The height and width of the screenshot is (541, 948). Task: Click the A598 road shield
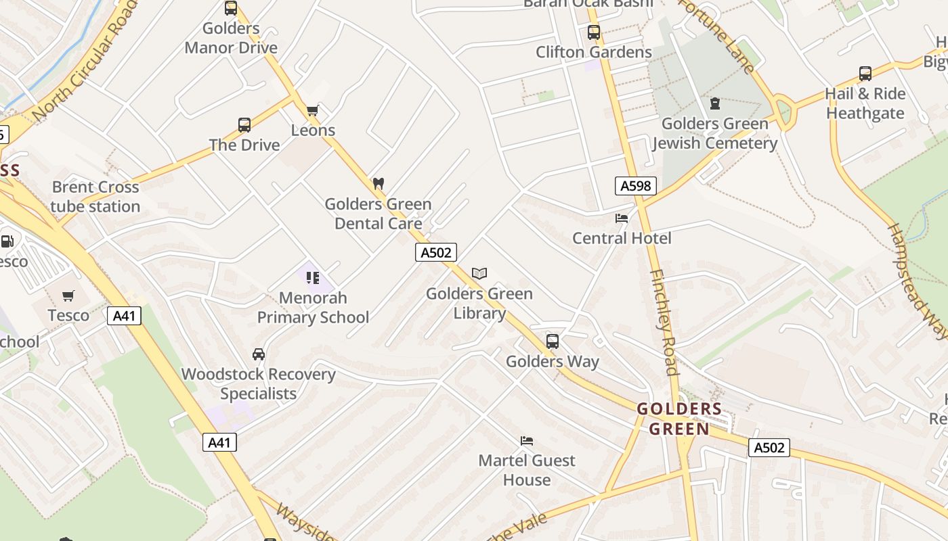[636, 186]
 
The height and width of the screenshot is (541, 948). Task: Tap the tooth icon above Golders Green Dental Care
[379, 183]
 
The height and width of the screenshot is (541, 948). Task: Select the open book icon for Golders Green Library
[479, 273]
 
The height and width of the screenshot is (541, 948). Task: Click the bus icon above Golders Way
[553, 342]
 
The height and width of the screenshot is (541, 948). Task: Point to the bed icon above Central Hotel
[622, 218]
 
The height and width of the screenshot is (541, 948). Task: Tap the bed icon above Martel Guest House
[527, 441]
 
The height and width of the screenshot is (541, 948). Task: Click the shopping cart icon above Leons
[312, 110]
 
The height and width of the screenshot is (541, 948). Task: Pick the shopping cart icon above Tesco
[68, 296]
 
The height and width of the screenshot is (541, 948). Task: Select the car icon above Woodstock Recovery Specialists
[259, 354]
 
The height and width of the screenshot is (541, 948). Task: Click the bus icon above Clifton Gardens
[594, 32]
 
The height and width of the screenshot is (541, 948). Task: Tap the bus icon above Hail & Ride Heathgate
[865, 74]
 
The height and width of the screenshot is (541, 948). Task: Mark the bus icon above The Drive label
[244, 125]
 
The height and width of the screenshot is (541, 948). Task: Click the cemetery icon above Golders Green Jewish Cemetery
[714, 103]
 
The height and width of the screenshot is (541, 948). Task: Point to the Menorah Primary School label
[313, 308]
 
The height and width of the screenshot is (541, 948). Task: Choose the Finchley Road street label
[663, 321]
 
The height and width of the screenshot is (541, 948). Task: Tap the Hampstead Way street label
[917, 280]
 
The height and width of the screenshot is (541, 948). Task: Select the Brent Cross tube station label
[95, 197]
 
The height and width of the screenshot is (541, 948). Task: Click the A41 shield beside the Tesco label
[124, 315]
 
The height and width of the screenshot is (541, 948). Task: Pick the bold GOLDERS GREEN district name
[679, 419]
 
